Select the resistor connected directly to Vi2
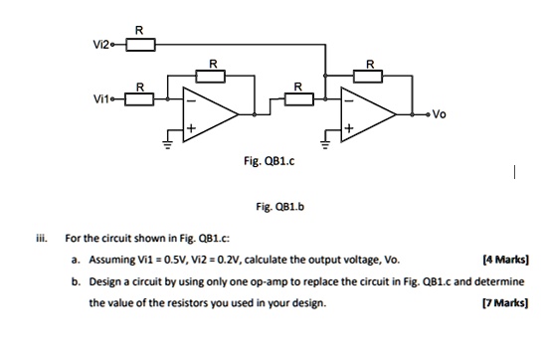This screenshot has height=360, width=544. [x=138, y=45]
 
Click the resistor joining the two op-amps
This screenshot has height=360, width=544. [x=296, y=97]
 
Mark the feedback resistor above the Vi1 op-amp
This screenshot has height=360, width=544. [x=210, y=75]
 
